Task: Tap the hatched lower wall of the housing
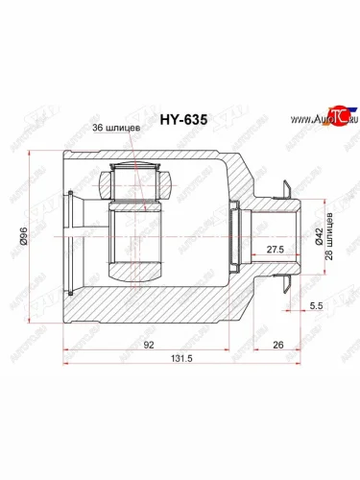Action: pos(144,305)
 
